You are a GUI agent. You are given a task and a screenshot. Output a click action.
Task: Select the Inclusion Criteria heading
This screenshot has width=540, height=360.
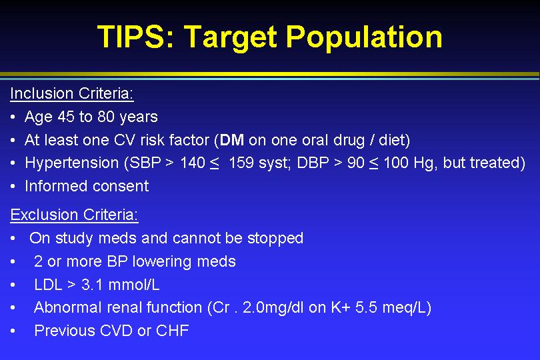[71, 93]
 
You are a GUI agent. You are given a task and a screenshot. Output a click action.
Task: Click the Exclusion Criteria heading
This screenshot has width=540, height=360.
[75, 215]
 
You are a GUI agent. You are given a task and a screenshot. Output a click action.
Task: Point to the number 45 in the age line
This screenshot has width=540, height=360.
[66, 117]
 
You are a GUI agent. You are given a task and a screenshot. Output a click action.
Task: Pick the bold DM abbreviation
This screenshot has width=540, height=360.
[232, 140]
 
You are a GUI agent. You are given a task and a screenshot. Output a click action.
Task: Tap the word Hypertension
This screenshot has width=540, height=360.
[71, 163]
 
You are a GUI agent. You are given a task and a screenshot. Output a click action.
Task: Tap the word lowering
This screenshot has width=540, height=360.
[162, 262]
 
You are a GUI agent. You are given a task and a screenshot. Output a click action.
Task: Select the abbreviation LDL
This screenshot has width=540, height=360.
[48, 285]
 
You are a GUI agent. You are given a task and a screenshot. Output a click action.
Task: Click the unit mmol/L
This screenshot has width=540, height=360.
[134, 285]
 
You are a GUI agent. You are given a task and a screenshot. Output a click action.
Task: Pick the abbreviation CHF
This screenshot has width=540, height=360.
[173, 331]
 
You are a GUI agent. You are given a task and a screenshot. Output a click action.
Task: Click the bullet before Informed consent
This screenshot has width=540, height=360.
[13, 187]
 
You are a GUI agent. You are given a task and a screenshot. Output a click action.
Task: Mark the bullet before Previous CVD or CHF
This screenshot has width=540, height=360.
[13, 331]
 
